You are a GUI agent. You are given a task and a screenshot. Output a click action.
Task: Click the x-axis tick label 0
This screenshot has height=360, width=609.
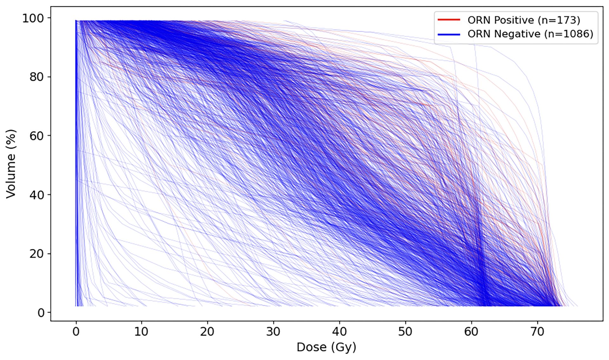[x=76, y=332]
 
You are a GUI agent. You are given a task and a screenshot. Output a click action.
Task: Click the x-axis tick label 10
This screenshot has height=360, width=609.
[x=141, y=332]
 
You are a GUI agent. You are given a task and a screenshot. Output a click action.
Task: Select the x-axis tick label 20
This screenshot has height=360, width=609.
[x=207, y=332]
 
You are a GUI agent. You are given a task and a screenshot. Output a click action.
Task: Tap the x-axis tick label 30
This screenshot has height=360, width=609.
[x=273, y=332]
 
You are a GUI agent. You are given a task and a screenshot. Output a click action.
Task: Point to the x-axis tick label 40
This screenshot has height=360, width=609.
[x=339, y=332]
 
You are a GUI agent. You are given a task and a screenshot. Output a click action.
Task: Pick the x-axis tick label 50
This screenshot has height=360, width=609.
[x=405, y=332]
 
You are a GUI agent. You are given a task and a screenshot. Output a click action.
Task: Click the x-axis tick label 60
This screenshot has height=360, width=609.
[x=471, y=332]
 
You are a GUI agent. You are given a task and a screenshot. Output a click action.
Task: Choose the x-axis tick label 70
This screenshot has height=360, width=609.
[x=537, y=332]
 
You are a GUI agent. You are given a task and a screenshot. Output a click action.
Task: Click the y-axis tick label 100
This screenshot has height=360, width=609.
[x=33, y=18]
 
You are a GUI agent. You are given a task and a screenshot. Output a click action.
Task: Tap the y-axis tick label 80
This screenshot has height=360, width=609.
[x=36, y=77]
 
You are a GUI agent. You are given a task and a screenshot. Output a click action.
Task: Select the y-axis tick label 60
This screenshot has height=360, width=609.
[x=36, y=136]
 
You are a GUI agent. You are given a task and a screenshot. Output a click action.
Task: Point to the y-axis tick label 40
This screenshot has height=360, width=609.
[x=36, y=195]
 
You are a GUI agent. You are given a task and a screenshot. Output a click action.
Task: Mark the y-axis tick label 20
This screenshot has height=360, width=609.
[x=36, y=254]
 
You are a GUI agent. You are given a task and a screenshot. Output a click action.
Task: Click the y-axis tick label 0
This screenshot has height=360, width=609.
[x=41, y=313]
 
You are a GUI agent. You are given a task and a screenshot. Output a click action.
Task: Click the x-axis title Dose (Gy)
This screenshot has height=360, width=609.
[x=326, y=347]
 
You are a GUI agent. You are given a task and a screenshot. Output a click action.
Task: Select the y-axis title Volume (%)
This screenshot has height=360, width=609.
[x=11, y=164]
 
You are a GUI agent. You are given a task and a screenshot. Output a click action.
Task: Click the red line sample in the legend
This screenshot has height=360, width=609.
[x=449, y=20]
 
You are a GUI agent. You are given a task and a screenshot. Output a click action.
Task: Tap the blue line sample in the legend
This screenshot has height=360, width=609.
[x=449, y=34]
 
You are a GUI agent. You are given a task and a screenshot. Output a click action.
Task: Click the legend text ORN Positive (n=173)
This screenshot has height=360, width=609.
[x=524, y=20]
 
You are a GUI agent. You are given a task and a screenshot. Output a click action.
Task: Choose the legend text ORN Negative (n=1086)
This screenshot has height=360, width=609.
[x=530, y=34]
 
